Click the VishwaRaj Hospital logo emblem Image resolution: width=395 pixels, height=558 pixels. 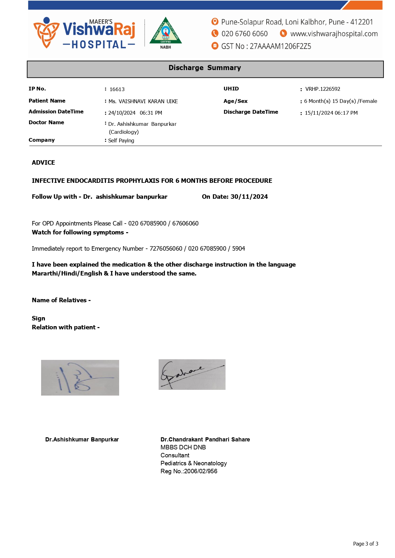pos(46,32)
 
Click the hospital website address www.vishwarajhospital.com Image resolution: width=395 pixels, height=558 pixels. pos(334,34)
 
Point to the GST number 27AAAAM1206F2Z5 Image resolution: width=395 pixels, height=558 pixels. pos(280,46)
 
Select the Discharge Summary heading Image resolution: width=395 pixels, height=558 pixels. pos(205,68)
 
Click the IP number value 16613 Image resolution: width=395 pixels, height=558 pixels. pos(117,89)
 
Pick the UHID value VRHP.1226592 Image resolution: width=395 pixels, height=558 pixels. pos(323,89)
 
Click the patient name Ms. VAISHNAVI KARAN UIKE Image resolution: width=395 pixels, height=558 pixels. pos(143,102)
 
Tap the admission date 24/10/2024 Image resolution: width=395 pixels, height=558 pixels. pos(122,113)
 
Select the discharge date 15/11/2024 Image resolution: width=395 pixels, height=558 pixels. pos(319,113)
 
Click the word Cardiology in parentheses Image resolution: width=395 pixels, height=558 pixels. pos(124,132)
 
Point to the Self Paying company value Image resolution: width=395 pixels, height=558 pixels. pos(121,141)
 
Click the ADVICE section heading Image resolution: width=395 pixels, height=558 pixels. pos(43,163)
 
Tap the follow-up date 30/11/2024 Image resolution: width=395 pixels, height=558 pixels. pos(249,197)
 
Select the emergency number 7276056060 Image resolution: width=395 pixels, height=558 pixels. pos(166,249)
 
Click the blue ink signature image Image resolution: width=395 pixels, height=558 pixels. pos(80,378)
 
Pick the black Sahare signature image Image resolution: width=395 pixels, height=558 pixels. pos(192,375)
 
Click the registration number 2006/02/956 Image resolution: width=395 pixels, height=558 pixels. pos(201,471)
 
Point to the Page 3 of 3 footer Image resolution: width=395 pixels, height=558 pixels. pos(365,544)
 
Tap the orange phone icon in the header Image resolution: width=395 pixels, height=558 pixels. pos(215,33)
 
